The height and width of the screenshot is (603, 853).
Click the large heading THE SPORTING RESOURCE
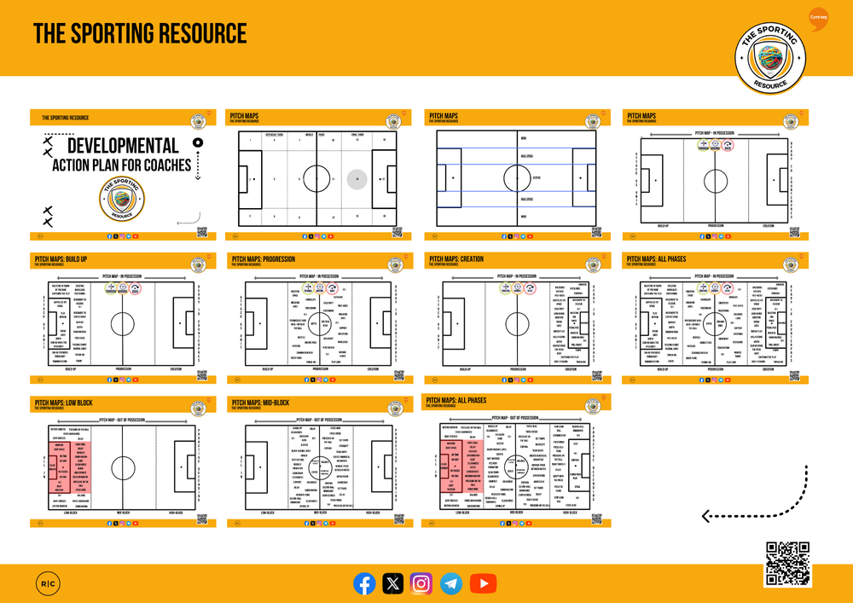pyautogui.click(x=140, y=34)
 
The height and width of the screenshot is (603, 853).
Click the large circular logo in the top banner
pyautogui.click(x=774, y=56)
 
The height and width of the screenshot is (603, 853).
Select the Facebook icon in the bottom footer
pyautogui.click(x=364, y=583)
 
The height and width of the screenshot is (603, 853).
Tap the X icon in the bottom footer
pyautogui.click(x=393, y=583)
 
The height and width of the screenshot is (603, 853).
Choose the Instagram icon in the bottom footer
pyautogui.click(x=422, y=583)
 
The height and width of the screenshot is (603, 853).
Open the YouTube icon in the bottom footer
pyautogui.click(x=483, y=583)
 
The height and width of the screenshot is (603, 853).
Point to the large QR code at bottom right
pyautogui.click(x=787, y=564)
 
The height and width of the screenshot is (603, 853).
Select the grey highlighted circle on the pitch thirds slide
pyautogui.click(x=357, y=179)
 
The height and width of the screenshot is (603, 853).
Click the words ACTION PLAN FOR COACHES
pyautogui.click(x=122, y=165)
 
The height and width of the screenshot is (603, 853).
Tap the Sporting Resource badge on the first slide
pyautogui.click(x=122, y=200)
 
